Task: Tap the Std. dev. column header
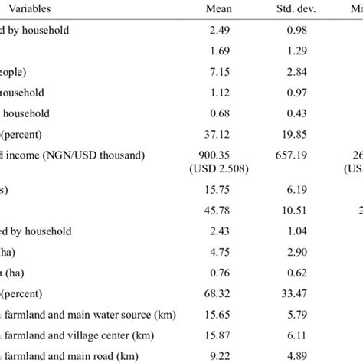pyautogui.click(x=284, y=11)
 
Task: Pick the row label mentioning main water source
pyautogui.click(x=77, y=314)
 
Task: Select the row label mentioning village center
pyautogui.click(x=77, y=335)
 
